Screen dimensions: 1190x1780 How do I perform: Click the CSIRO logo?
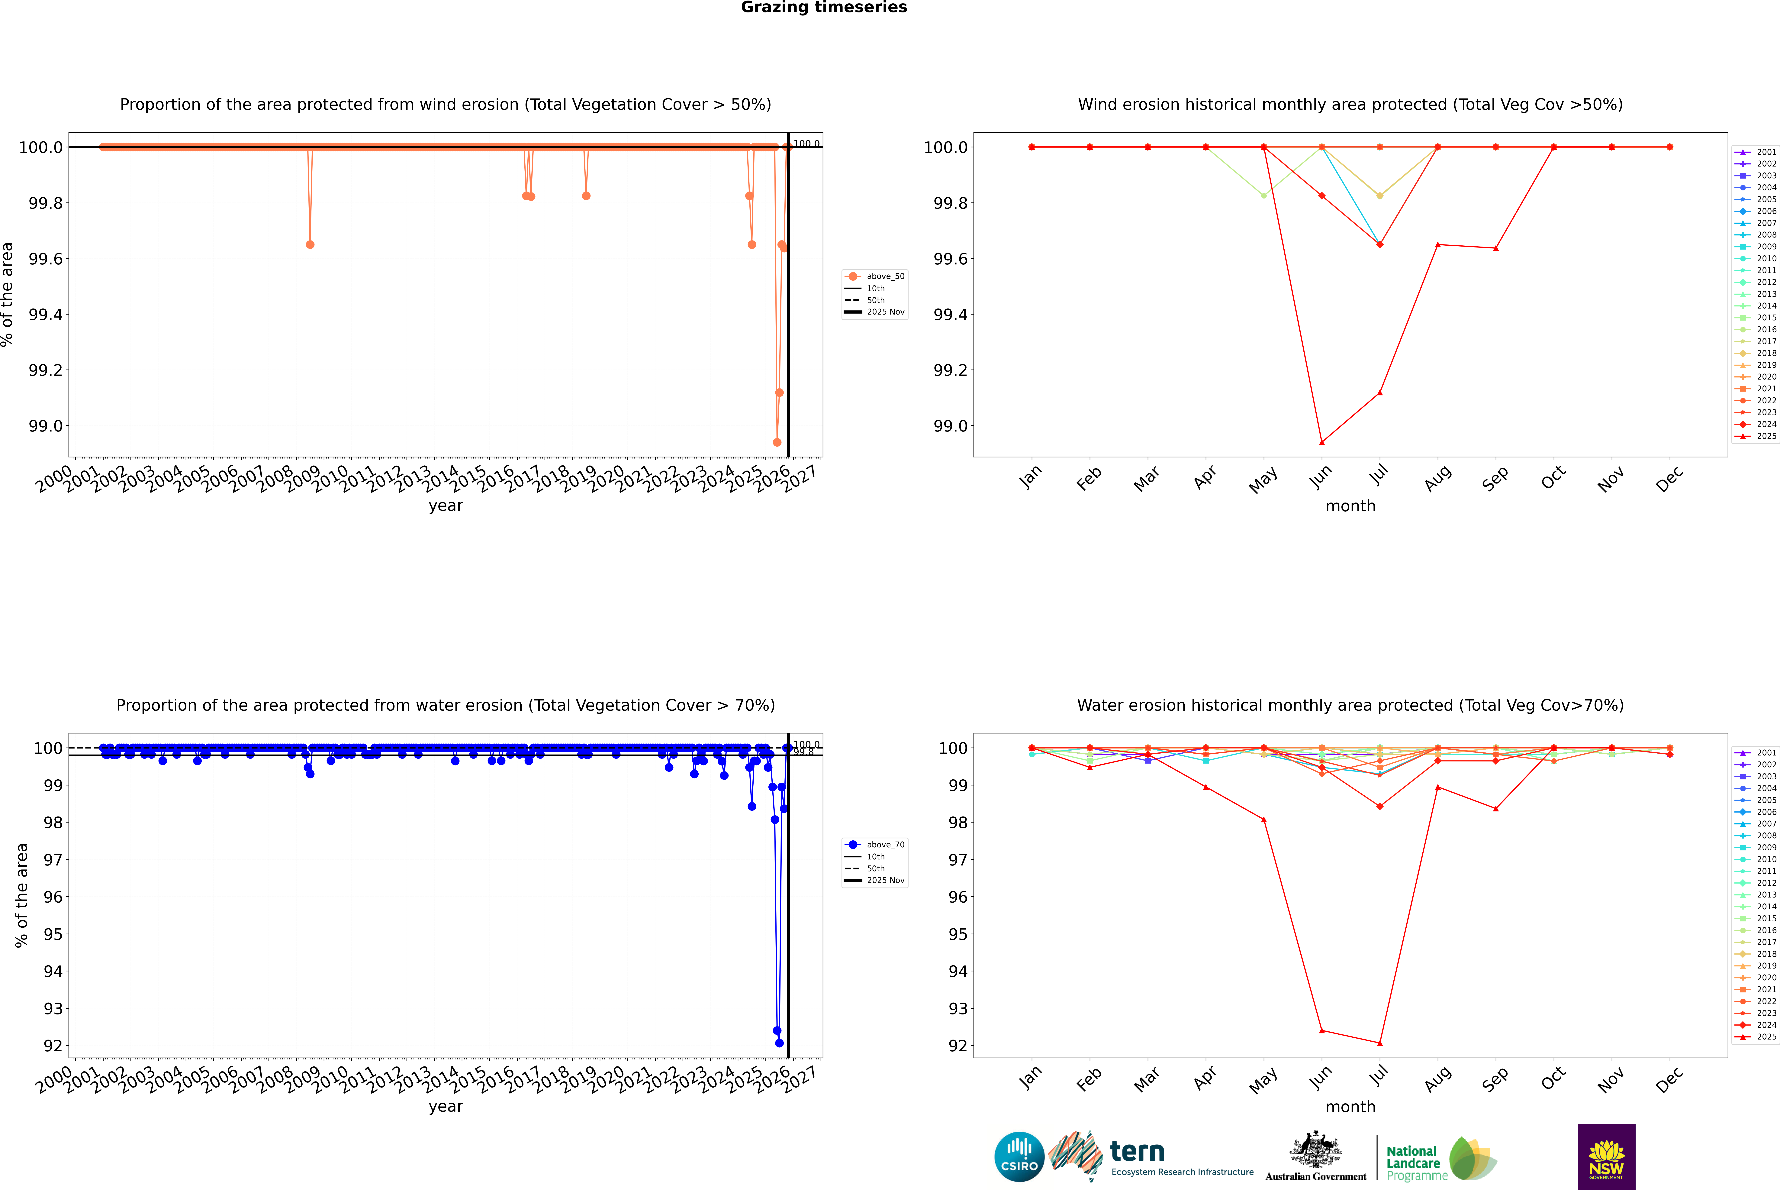pyautogui.click(x=1019, y=1157)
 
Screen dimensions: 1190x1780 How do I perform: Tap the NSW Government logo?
pyautogui.click(x=1606, y=1157)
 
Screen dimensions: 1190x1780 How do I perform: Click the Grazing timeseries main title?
pyautogui.click(x=824, y=8)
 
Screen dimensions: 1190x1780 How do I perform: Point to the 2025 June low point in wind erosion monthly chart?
pyautogui.click(x=1322, y=442)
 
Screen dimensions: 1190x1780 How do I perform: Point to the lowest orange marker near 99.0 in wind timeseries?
pyautogui.click(x=777, y=442)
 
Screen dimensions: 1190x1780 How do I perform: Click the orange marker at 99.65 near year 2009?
pyautogui.click(x=310, y=244)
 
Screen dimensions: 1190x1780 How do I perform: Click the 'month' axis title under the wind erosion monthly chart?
pyautogui.click(x=1350, y=506)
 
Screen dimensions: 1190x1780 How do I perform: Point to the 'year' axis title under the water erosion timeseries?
pyautogui.click(x=445, y=1107)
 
